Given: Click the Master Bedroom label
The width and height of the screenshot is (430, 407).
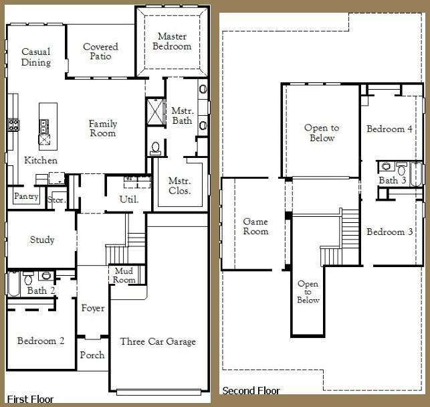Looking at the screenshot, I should click(x=172, y=41).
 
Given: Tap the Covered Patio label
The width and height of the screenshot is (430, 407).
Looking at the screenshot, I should click(x=100, y=52).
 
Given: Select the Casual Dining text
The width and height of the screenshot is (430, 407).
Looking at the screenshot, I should click(x=35, y=57).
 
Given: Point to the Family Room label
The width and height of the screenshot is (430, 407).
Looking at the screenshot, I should click(x=103, y=128).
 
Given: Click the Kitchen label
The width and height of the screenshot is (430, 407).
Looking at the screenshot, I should click(x=41, y=161).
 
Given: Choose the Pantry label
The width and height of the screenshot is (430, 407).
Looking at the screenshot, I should click(x=26, y=197).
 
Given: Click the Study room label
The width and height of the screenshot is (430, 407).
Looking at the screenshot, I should click(x=42, y=240).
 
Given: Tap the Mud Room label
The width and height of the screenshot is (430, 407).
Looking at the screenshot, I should click(x=124, y=276).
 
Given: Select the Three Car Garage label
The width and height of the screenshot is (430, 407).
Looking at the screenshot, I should click(x=158, y=341).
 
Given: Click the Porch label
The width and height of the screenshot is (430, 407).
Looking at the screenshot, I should click(x=92, y=355).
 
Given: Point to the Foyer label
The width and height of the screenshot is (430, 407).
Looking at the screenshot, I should click(x=92, y=308).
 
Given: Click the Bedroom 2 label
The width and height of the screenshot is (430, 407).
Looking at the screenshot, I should click(x=41, y=341).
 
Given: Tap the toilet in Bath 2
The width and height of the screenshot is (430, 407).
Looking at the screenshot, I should click(x=28, y=276).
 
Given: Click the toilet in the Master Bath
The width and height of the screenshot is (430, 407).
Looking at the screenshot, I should click(x=155, y=147).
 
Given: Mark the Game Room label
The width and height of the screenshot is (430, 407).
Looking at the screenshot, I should click(x=255, y=226).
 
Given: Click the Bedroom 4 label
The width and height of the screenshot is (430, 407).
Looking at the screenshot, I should click(x=389, y=129).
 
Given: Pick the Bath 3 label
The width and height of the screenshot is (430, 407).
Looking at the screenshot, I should click(x=393, y=180).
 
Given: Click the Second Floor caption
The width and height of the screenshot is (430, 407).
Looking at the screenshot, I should click(x=251, y=390).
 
